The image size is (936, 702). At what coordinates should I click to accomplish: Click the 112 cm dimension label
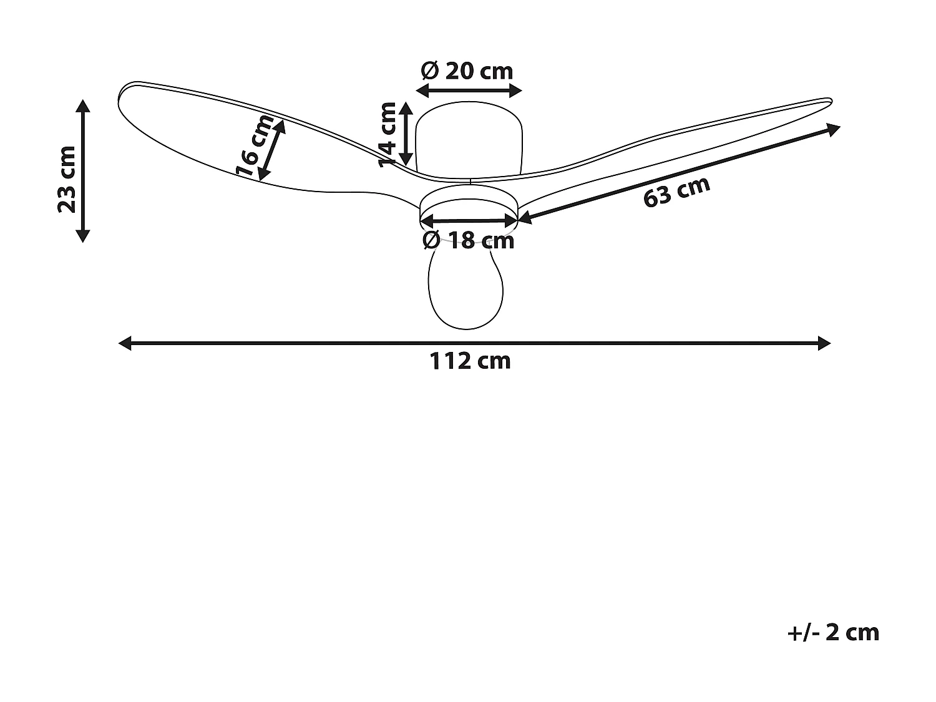(469, 361)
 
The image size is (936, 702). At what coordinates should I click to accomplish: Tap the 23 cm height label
(67, 179)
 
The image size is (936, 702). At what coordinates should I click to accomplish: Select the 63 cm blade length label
(676, 192)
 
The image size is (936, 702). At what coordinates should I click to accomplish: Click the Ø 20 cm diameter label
(467, 71)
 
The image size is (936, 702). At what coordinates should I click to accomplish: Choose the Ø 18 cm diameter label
(468, 241)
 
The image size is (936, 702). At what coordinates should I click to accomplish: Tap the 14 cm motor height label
(388, 134)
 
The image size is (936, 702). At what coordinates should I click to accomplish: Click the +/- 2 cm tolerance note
(833, 644)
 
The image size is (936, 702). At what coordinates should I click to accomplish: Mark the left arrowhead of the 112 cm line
(125, 343)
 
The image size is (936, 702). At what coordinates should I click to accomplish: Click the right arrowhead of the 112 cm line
(824, 343)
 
